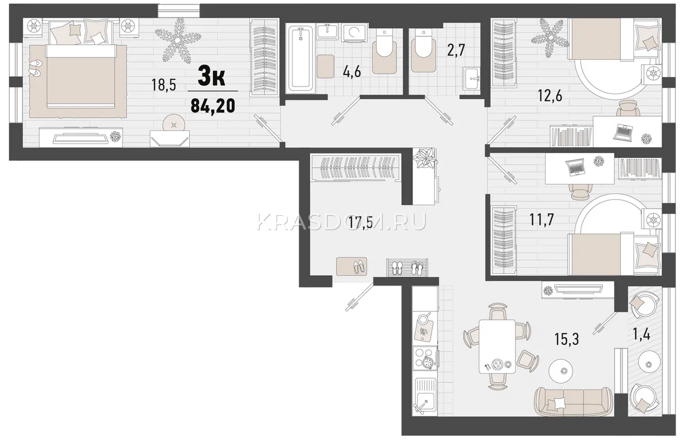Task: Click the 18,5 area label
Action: [x=164, y=85]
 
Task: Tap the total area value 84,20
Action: [x=213, y=106]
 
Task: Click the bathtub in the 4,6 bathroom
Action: [x=301, y=58]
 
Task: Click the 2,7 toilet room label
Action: [x=456, y=50]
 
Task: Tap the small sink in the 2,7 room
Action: [x=471, y=78]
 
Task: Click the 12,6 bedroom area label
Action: [x=550, y=96]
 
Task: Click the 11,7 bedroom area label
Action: [x=542, y=220]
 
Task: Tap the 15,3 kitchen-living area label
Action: [x=566, y=339]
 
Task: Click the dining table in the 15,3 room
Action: [x=497, y=346]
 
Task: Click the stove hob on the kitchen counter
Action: [x=425, y=358]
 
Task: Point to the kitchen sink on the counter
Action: [x=425, y=396]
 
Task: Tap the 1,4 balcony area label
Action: [x=642, y=335]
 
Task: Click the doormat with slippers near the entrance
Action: [x=351, y=266]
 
